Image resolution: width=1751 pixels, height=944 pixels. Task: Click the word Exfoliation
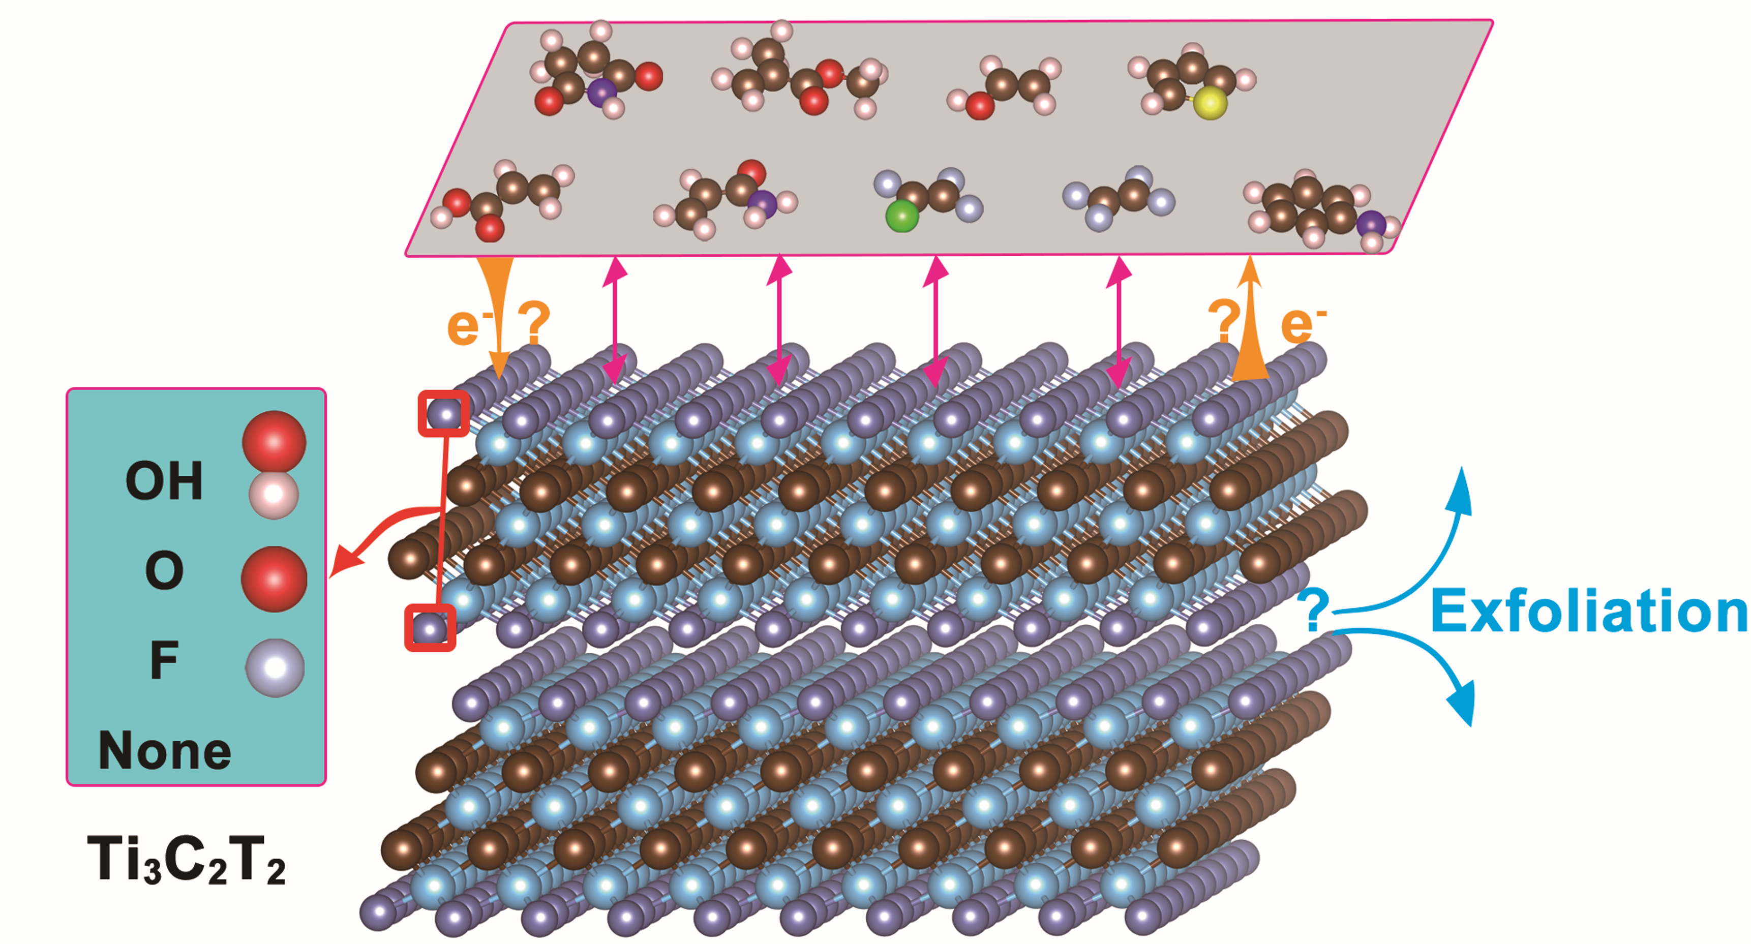tap(1589, 612)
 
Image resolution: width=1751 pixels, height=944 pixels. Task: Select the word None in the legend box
tap(165, 750)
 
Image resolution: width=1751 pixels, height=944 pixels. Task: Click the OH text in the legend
tap(165, 480)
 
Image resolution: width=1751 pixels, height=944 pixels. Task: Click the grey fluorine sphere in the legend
tap(275, 667)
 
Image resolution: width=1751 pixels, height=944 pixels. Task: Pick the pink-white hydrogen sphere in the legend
tap(273, 495)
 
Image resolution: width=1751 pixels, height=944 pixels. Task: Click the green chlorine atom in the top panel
tap(902, 217)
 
